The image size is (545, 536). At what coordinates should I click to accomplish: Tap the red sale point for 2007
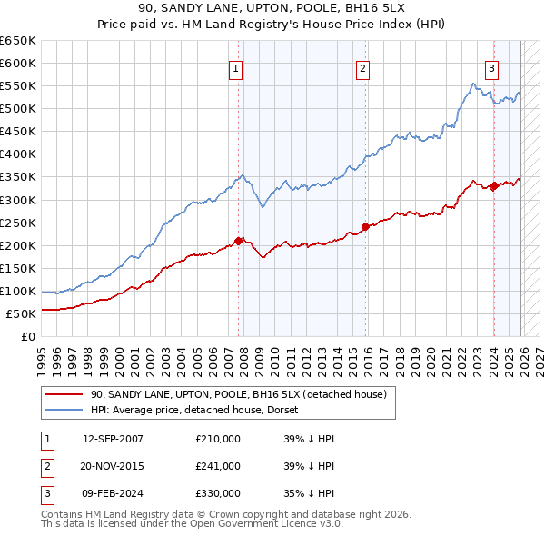(239, 241)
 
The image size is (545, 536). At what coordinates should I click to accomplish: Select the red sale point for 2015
(365, 226)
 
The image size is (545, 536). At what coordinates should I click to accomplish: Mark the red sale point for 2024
(493, 186)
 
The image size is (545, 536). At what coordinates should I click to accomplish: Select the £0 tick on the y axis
(27, 337)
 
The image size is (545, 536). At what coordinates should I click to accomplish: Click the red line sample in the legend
(64, 394)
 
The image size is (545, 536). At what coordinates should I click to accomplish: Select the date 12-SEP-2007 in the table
(113, 439)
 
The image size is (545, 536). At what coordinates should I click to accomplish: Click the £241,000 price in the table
(218, 466)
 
